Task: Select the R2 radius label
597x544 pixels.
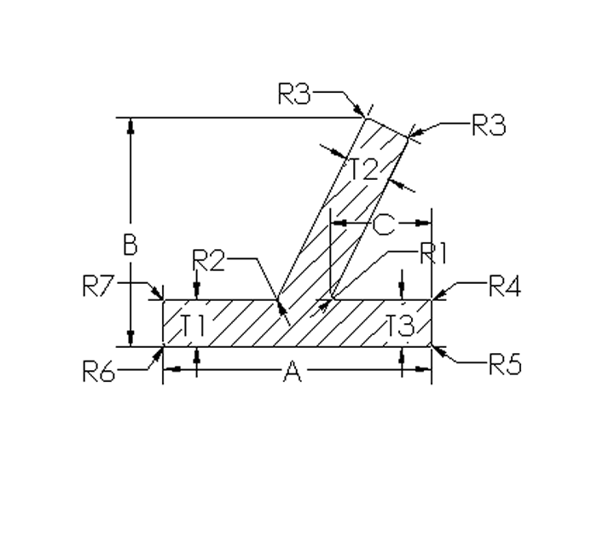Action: (208, 260)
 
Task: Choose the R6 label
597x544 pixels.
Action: (98, 372)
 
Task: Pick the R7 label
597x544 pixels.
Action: (98, 286)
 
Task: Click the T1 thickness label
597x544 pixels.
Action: (194, 324)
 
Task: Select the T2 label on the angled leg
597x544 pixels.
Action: (363, 169)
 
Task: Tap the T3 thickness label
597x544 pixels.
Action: (399, 324)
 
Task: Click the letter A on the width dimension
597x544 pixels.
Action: (292, 371)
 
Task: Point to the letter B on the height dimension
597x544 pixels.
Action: (130, 246)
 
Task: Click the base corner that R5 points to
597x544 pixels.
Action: (432, 346)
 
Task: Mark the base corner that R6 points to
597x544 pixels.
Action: (163, 346)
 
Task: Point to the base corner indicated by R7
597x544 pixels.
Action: (163, 298)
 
